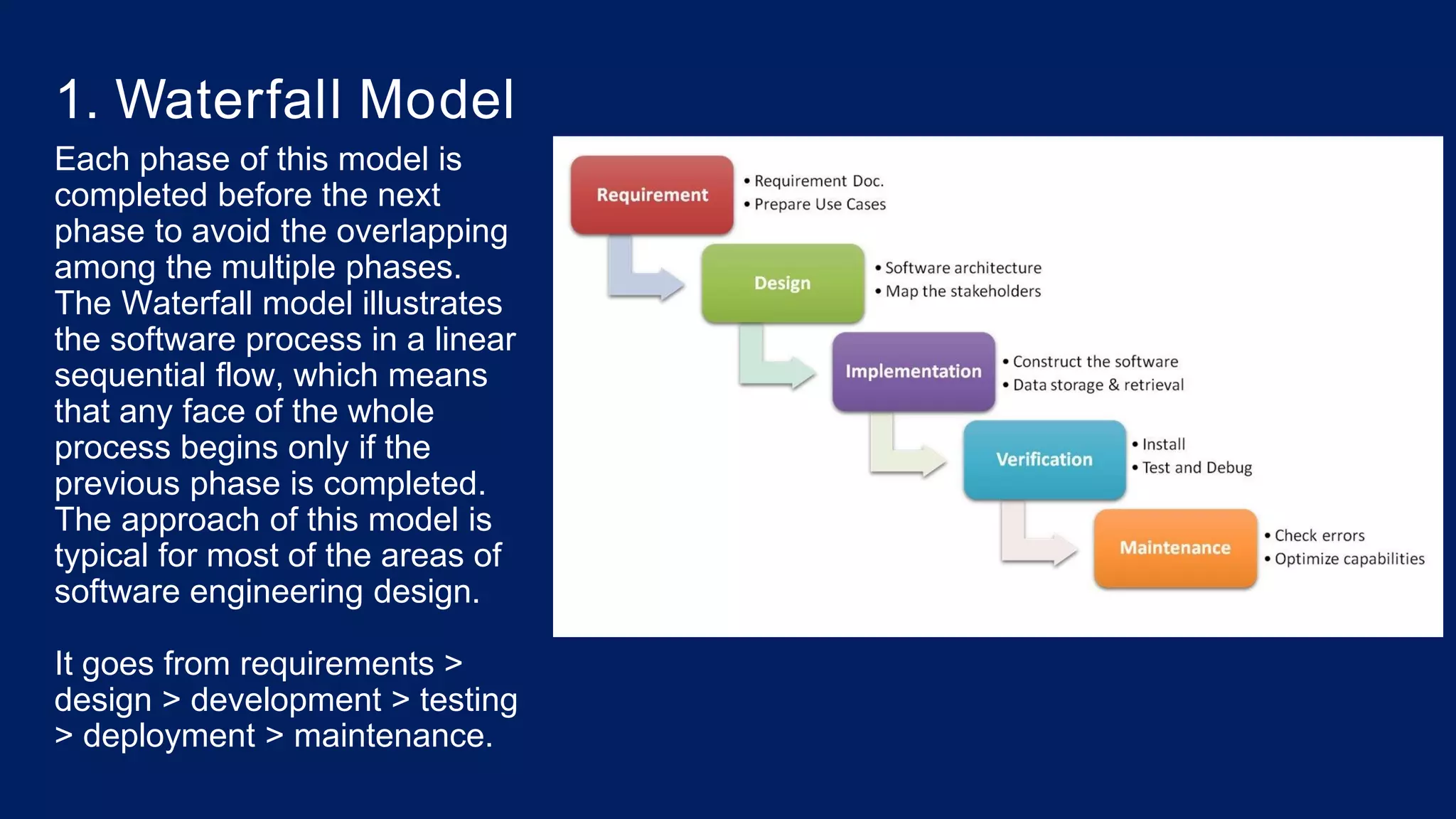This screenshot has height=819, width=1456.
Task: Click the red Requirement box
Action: (x=652, y=195)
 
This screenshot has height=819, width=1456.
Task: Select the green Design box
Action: (x=782, y=283)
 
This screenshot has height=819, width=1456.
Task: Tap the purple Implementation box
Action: (x=913, y=371)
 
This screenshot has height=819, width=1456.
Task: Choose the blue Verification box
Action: (x=1044, y=459)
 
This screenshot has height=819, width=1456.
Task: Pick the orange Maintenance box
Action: (x=1174, y=547)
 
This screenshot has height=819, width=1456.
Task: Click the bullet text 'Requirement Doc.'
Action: (x=818, y=181)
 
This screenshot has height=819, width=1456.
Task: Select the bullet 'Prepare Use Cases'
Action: (x=820, y=205)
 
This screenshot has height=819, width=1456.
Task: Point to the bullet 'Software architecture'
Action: (x=963, y=268)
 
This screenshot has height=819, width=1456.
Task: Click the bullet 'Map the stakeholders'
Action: (x=963, y=291)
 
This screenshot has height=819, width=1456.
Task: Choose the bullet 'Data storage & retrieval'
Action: (x=1098, y=385)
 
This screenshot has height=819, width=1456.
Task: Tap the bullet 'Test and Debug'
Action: (x=1197, y=468)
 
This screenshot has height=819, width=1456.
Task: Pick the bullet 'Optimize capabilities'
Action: (x=1349, y=559)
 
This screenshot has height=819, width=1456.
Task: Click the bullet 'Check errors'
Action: (x=1319, y=535)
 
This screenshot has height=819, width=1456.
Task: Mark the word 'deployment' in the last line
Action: (x=168, y=736)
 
